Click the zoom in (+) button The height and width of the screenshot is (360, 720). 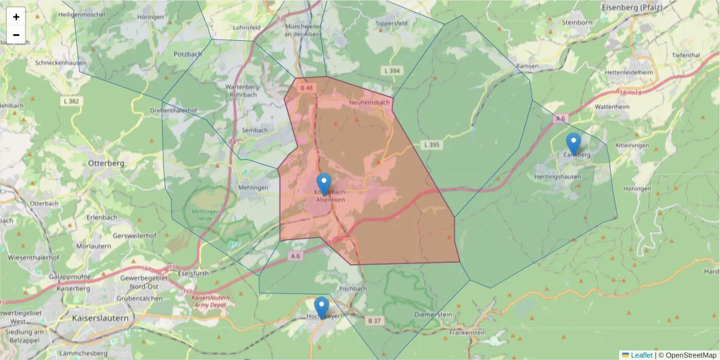click(16, 17)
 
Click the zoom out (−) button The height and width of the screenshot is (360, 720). click(16, 35)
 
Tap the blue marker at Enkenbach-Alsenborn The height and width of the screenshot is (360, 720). click(324, 184)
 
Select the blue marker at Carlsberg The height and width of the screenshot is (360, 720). click(574, 143)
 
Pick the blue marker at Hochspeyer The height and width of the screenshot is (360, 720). click(322, 307)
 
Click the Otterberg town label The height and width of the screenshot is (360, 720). click(106, 163)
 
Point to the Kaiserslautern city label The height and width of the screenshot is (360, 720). click(100, 317)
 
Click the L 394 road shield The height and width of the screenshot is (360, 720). click(391, 71)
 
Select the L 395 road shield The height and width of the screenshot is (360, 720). click(431, 145)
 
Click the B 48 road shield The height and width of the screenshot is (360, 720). click(307, 88)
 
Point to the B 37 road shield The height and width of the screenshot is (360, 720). click(374, 321)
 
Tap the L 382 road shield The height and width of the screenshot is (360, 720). click(71, 101)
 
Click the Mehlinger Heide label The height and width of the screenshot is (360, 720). click(206, 215)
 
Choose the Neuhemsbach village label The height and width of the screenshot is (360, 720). click(369, 103)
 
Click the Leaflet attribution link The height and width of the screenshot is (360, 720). click(641, 355)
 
